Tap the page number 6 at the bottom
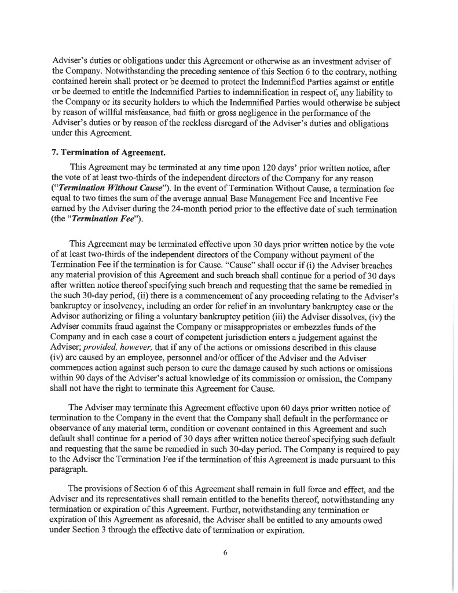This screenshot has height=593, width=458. [225, 552]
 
